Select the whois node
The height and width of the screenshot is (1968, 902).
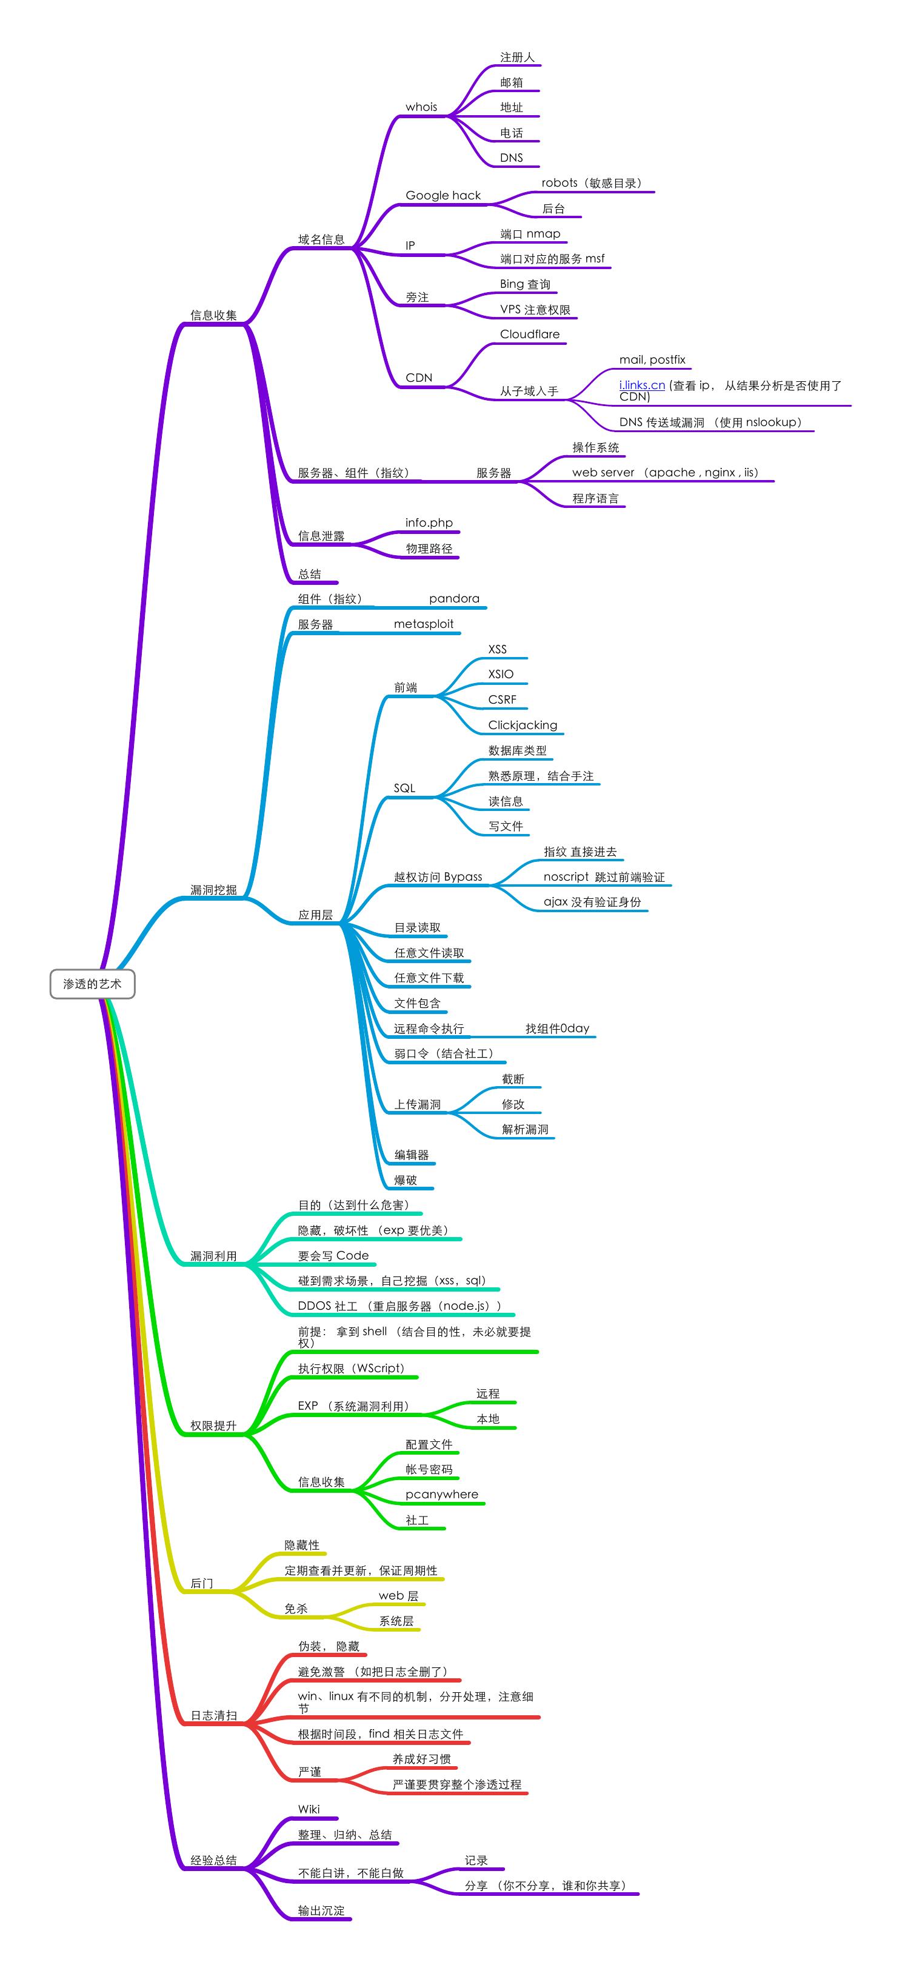click(421, 107)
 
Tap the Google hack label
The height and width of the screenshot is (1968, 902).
click(443, 196)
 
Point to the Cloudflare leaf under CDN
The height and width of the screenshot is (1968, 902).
click(529, 335)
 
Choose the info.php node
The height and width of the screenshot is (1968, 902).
click(429, 522)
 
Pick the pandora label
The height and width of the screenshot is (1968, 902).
click(453, 599)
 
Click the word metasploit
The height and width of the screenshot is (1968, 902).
click(423, 624)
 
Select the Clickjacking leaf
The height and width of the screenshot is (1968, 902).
click(523, 725)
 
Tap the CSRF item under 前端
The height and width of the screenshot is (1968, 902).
click(502, 700)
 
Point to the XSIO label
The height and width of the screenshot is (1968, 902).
click(500, 675)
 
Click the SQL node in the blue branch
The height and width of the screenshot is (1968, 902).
click(404, 789)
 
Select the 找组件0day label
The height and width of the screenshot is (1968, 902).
click(557, 1029)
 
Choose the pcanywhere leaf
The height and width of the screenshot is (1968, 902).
click(441, 1495)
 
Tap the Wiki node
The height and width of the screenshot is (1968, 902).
click(309, 1809)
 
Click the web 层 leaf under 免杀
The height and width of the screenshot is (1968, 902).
click(398, 1596)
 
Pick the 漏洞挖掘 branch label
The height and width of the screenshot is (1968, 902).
click(213, 890)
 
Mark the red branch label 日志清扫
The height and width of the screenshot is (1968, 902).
click(213, 1716)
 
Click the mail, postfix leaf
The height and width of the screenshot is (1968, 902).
click(652, 360)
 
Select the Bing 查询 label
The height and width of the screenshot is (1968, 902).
click(525, 284)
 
